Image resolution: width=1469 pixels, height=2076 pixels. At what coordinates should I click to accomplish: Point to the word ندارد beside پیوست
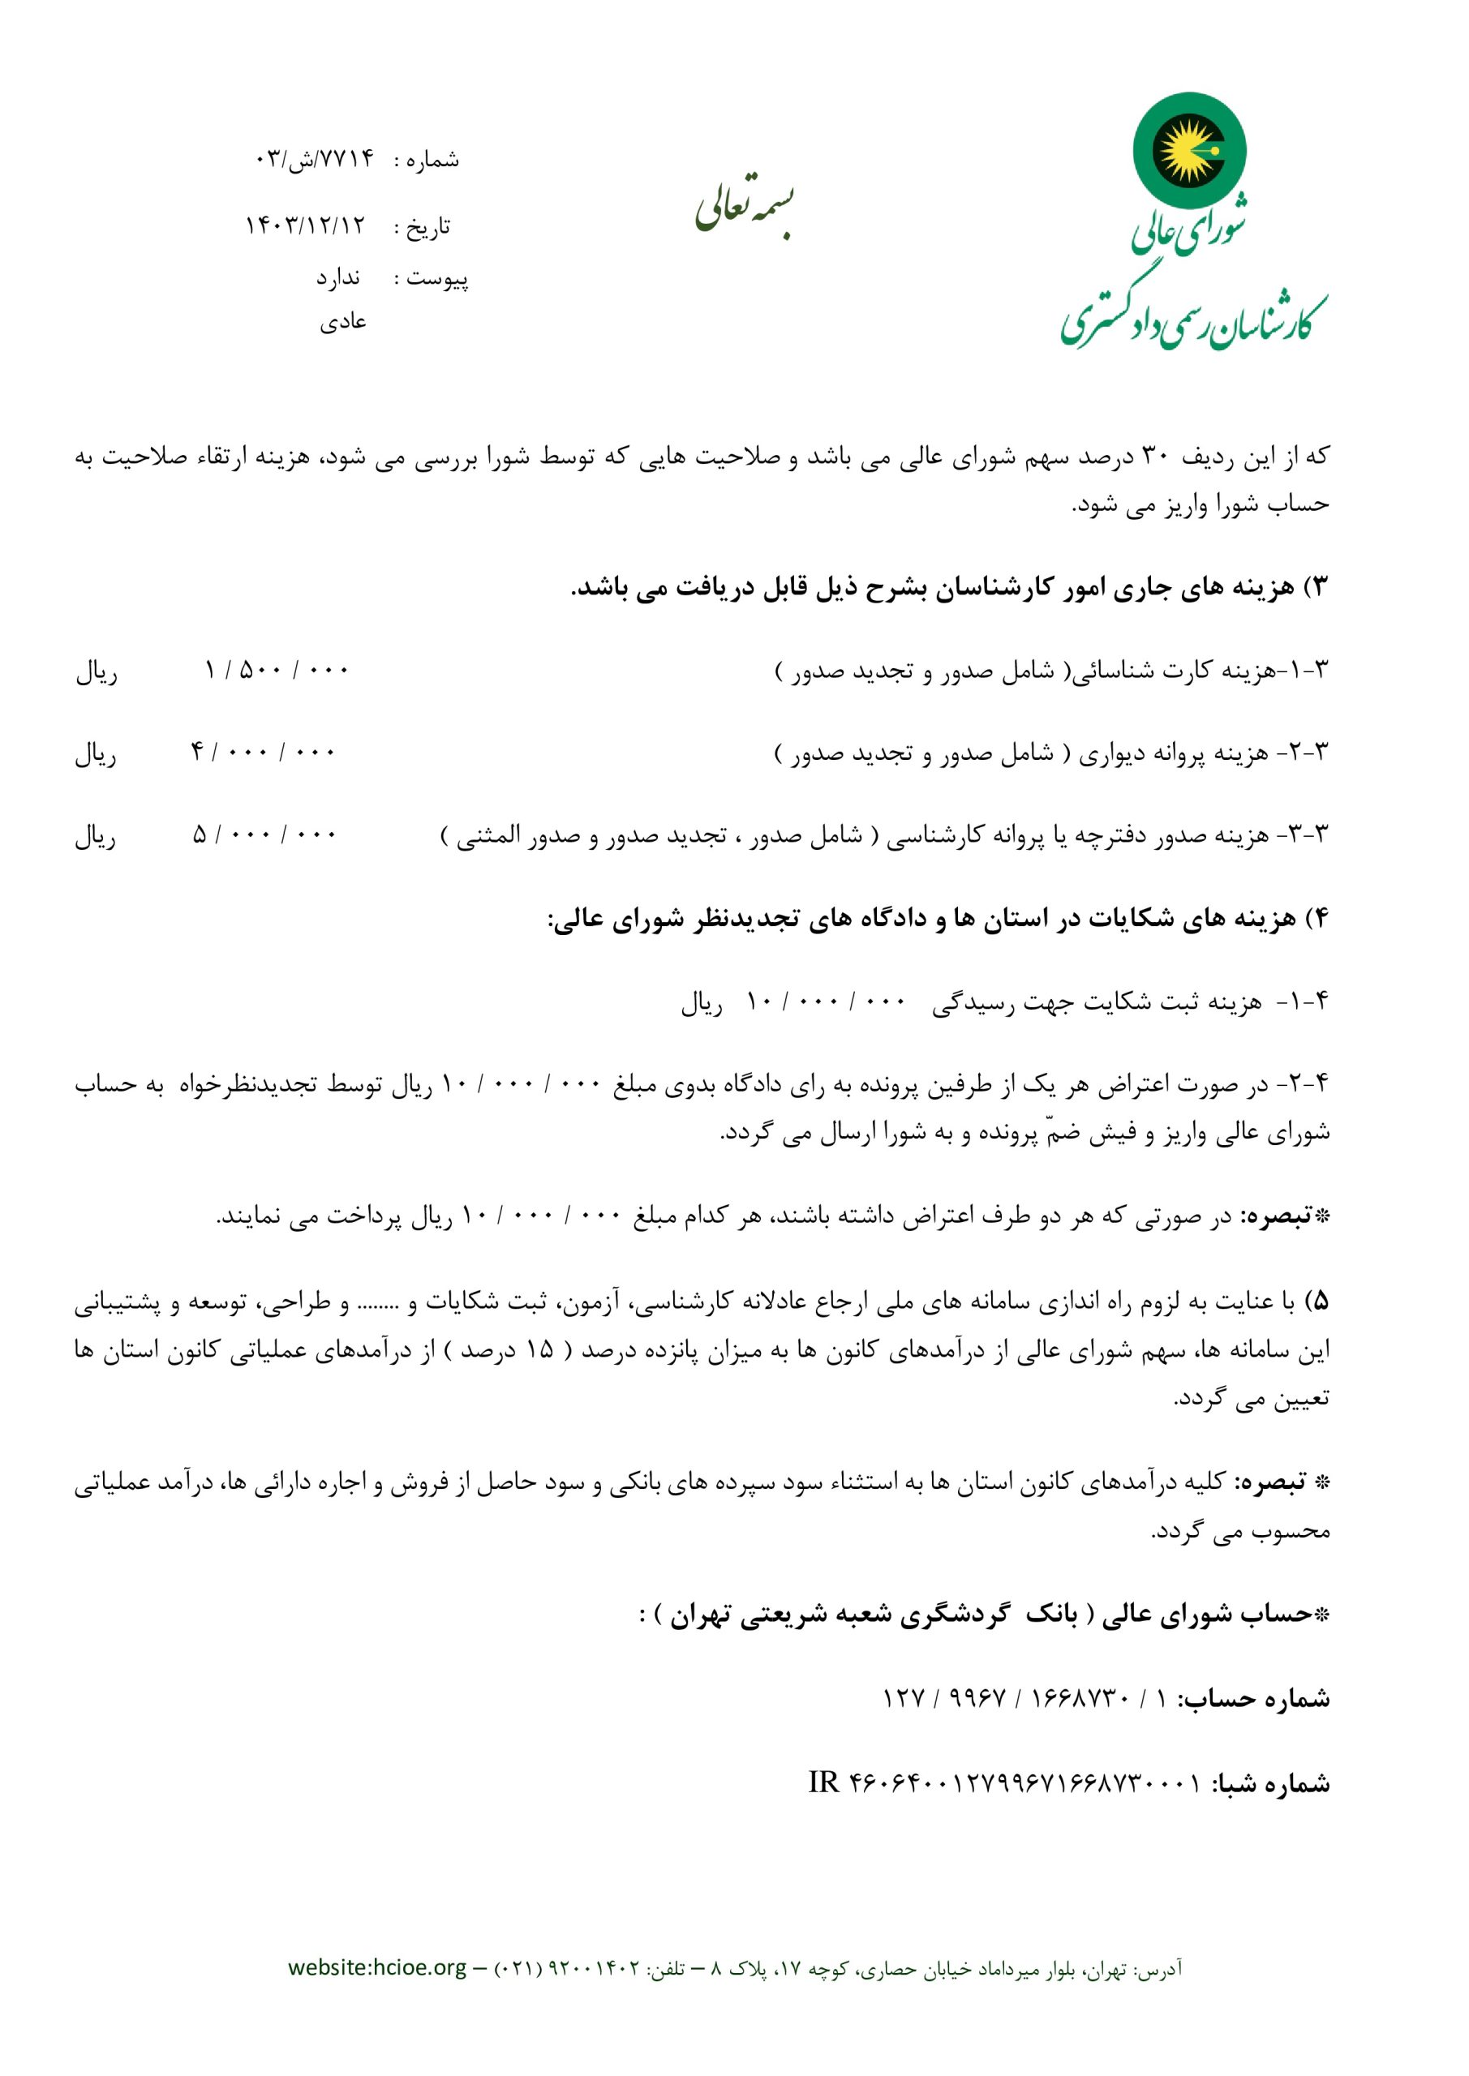(x=337, y=277)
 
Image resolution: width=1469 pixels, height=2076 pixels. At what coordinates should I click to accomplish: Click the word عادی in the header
(x=343, y=322)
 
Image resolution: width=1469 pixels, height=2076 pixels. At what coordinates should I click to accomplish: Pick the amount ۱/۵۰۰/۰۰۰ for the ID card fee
(x=276, y=671)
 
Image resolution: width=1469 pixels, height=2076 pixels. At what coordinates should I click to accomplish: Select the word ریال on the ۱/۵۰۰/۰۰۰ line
(x=96, y=673)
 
